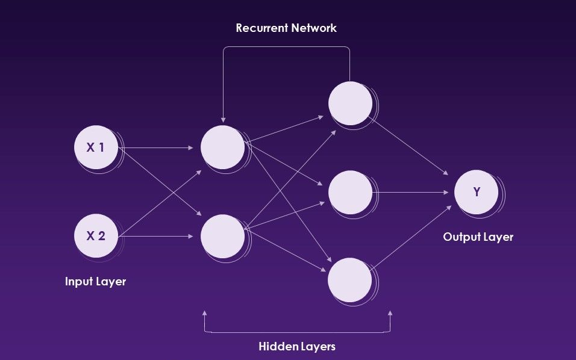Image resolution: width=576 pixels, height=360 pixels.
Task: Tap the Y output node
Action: pos(476,192)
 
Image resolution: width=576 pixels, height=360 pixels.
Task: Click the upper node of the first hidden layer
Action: pos(222,147)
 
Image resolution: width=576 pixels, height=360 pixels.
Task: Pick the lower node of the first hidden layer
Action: pos(222,236)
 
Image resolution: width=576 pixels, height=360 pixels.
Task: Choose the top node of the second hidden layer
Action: pos(350,102)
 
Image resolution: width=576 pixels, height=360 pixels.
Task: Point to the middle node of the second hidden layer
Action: pos(350,192)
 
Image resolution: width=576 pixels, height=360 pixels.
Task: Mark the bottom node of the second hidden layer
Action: pos(350,280)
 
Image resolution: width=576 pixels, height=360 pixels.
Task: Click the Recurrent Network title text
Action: pos(286,28)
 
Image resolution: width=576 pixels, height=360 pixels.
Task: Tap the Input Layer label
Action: pos(95,281)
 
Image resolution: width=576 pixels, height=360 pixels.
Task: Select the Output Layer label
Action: pos(478,237)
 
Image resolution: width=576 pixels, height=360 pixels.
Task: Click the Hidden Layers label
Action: pos(297,346)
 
